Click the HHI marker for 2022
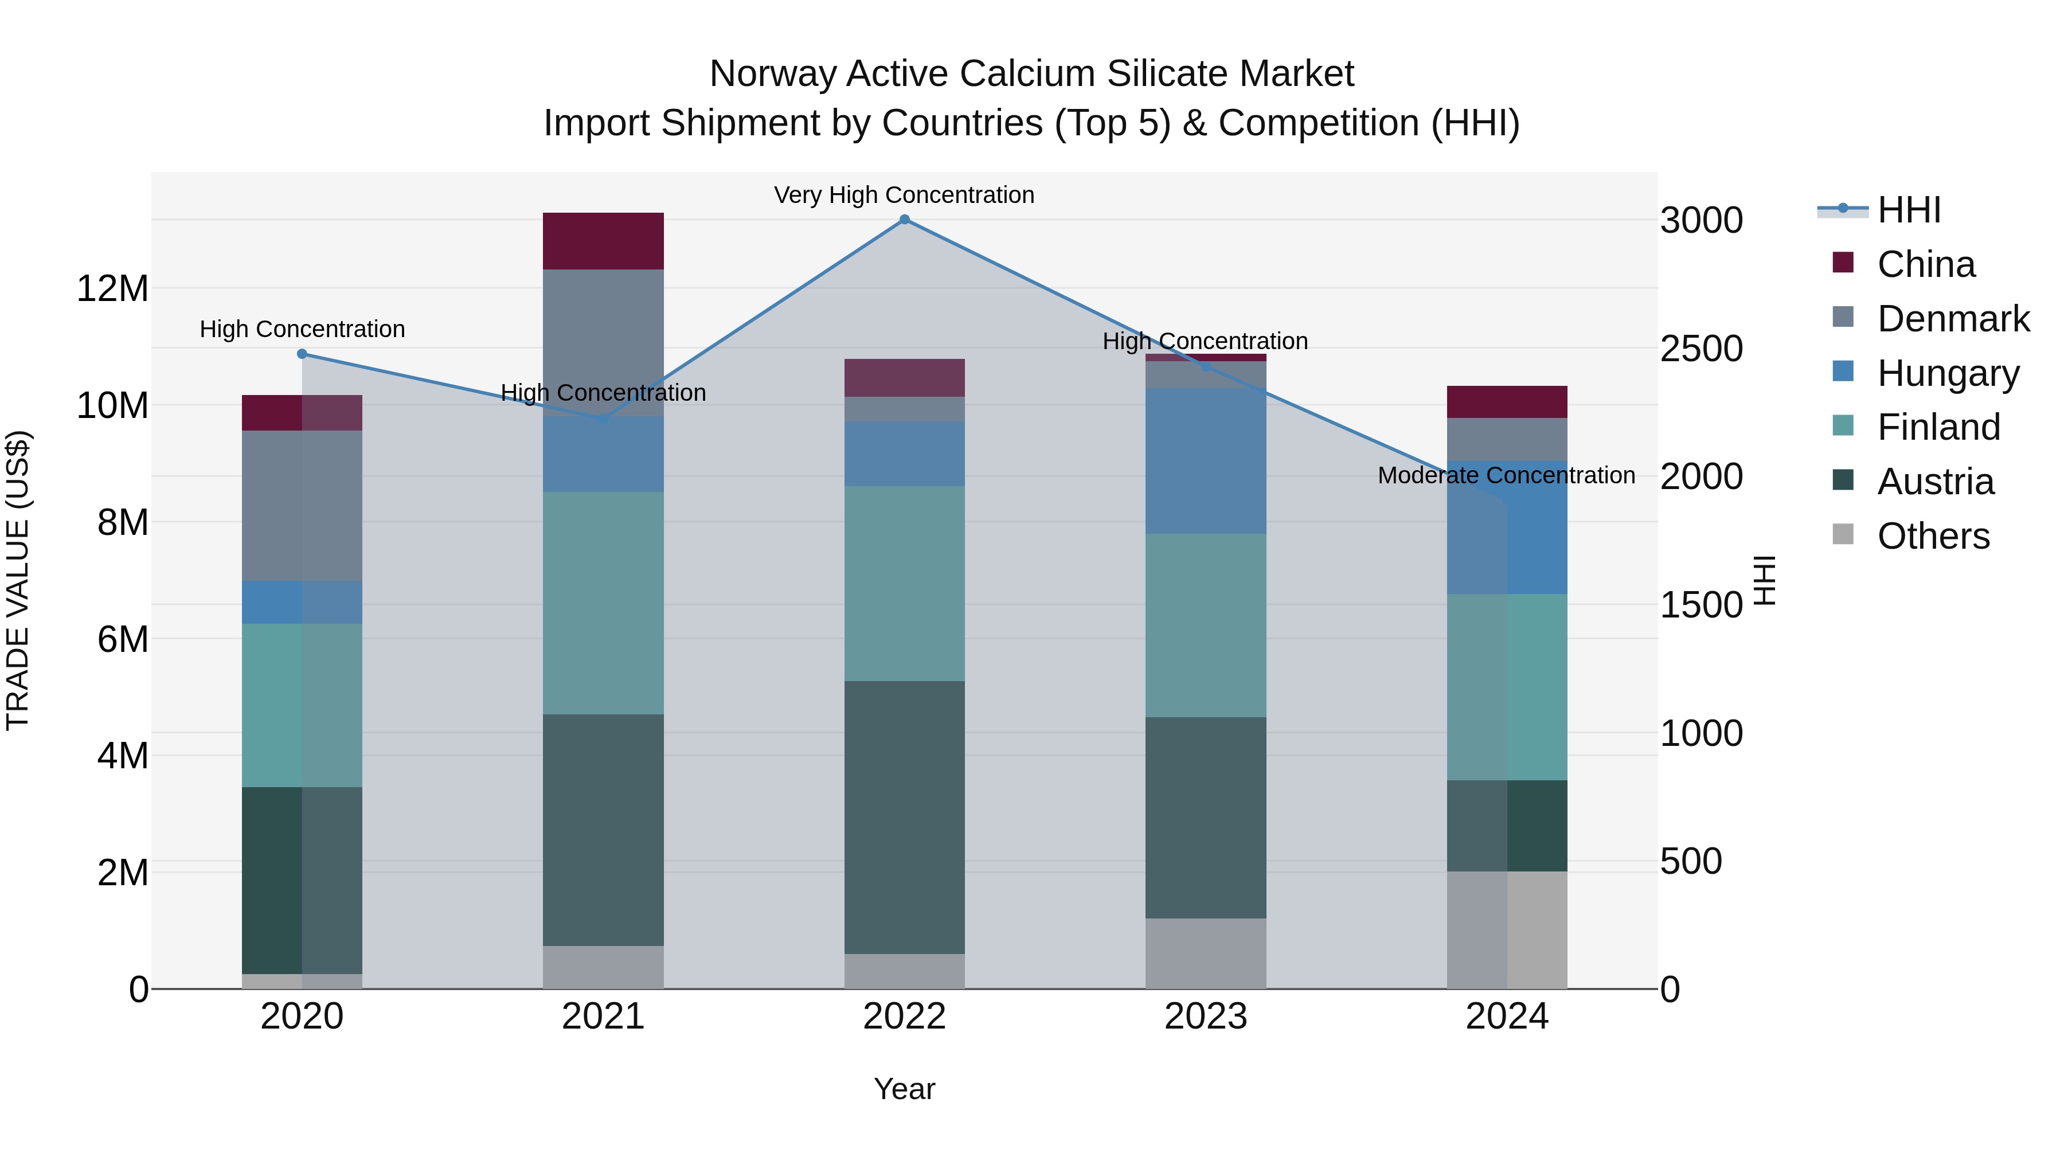tap(905, 220)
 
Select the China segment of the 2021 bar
tap(603, 241)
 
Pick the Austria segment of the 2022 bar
tap(905, 817)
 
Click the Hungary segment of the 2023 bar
tap(1206, 461)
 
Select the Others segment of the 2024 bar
tap(1507, 929)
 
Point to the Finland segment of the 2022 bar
tap(905, 583)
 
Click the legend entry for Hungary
tap(1948, 373)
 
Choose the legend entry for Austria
tap(1935, 482)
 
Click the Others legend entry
tap(1933, 536)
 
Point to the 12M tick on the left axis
tap(112, 288)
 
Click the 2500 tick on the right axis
tap(1701, 349)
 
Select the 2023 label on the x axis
tap(1206, 1017)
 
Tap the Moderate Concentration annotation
tap(1506, 475)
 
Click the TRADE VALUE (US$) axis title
tap(18, 580)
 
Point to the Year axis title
tap(905, 1089)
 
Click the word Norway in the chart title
tap(773, 74)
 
